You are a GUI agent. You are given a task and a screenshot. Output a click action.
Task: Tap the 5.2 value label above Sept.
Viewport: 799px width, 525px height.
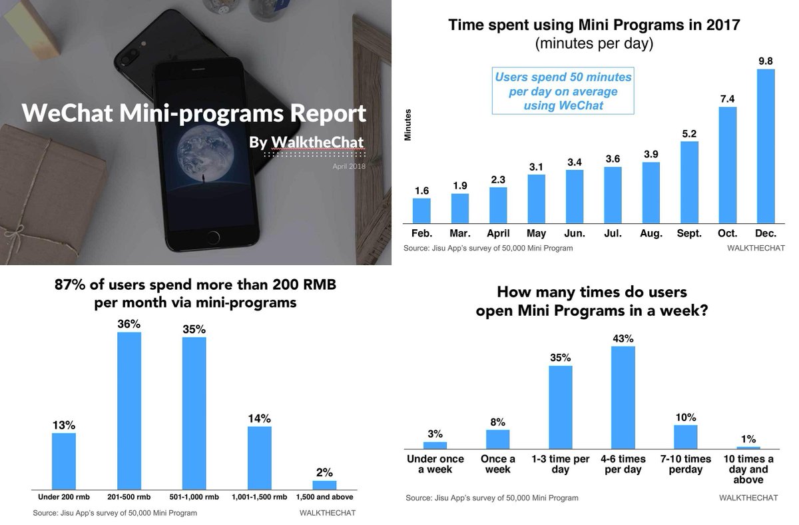coord(689,134)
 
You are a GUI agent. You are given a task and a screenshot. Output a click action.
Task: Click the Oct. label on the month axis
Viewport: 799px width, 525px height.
coord(728,234)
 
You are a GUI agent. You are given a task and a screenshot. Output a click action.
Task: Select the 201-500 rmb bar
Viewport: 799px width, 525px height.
coord(129,410)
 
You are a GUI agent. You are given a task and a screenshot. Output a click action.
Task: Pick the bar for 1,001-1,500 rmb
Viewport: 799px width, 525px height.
coord(259,458)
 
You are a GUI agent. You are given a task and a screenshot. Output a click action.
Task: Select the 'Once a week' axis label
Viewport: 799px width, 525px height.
coord(497,464)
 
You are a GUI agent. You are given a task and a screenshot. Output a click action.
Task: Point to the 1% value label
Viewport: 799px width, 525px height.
coord(749,439)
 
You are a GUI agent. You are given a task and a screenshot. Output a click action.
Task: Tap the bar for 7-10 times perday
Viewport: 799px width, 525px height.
coord(685,436)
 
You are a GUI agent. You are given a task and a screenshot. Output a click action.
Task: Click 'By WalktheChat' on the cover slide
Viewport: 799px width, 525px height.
coord(306,143)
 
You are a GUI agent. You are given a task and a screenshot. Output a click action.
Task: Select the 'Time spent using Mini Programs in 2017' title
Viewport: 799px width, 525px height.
coord(594,26)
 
